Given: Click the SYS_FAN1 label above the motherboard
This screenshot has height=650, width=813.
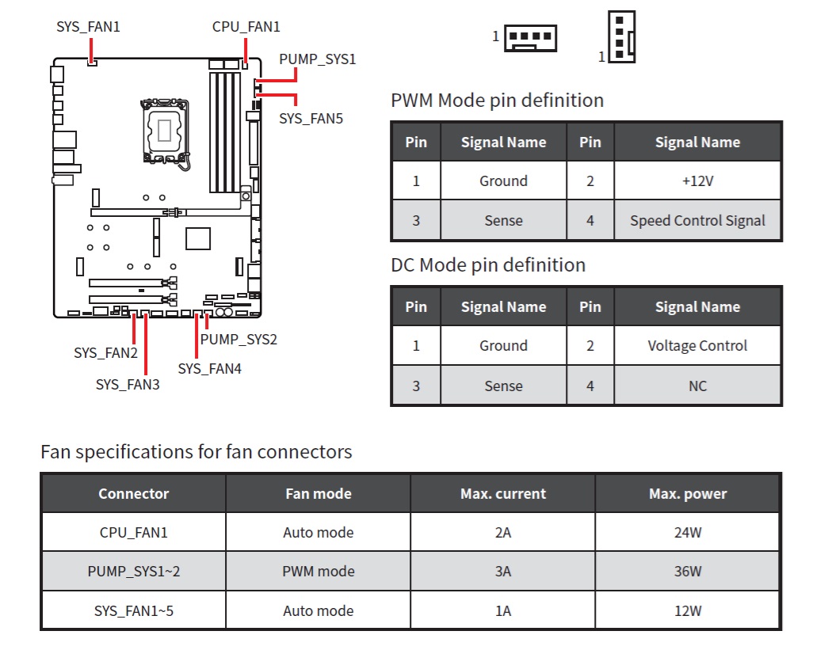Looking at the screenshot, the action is [88, 26].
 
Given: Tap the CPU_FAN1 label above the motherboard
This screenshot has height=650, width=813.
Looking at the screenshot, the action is [246, 26].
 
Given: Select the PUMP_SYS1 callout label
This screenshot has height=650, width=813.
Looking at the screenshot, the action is [317, 59].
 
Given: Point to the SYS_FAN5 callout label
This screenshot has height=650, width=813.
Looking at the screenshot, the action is [311, 119].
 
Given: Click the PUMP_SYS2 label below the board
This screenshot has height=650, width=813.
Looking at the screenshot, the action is [239, 339].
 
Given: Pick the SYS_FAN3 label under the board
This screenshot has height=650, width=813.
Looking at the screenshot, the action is [128, 384].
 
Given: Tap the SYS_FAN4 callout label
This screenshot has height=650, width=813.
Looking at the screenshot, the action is [209, 369].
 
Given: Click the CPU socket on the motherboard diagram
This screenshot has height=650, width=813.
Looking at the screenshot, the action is [165, 131].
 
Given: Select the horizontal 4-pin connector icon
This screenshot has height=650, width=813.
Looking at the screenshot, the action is [530, 38].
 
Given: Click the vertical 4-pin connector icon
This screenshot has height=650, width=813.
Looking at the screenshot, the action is [621, 36].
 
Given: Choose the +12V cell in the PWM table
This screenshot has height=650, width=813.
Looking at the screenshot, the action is [697, 181].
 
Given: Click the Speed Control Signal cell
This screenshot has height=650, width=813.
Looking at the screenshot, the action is [697, 221].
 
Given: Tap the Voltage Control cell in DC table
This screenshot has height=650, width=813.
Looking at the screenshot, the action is [697, 345].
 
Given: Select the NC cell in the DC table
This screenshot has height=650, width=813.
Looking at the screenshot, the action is [697, 386].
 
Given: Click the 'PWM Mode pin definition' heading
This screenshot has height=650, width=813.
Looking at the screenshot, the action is [498, 101].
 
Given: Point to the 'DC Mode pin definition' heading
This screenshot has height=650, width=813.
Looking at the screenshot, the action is [488, 265].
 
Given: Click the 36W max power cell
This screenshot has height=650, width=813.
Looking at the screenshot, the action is [688, 572].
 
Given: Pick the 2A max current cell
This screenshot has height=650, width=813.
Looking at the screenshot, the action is [503, 533].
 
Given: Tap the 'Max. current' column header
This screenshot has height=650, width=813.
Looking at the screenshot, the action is [503, 493].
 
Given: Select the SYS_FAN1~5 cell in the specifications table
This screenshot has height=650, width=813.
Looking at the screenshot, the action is [134, 610].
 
